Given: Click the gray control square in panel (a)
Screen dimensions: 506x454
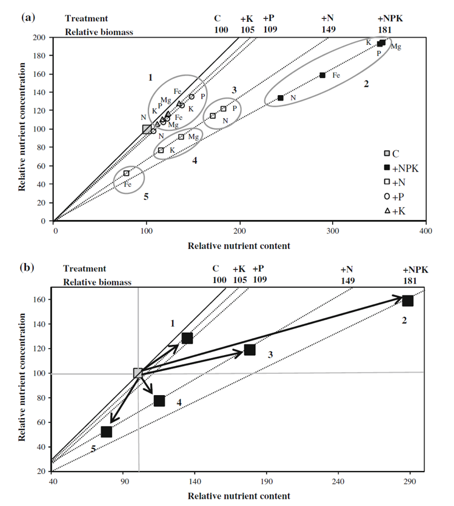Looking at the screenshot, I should pyautogui.click(x=147, y=128).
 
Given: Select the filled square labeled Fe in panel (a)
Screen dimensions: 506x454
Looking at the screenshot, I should pyautogui.click(x=322, y=75).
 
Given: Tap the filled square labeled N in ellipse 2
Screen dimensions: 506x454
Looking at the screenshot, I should pyautogui.click(x=280, y=98).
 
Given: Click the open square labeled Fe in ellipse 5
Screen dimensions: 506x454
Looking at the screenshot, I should pyautogui.click(x=127, y=173).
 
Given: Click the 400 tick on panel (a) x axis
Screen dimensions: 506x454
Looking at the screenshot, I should pyautogui.click(x=426, y=231).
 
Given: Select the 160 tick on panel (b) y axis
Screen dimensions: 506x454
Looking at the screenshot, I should pyautogui.click(x=41, y=299).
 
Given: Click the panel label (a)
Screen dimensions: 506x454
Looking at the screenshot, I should pyautogui.click(x=28, y=18).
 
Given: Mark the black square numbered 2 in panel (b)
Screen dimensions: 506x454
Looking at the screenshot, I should pyautogui.click(x=408, y=300).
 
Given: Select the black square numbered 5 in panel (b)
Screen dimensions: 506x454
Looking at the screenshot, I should pyautogui.click(x=107, y=431).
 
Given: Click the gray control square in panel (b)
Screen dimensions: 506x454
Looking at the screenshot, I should pyautogui.click(x=138, y=373).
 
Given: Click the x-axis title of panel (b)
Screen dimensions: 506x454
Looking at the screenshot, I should pyautogui.click(x=239, y=496).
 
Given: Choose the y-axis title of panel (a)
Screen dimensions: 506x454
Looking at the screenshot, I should pyautogui.click(x=22, y=129).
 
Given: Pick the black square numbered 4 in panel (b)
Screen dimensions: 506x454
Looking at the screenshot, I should pyautogui.click(x=159, y=401).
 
